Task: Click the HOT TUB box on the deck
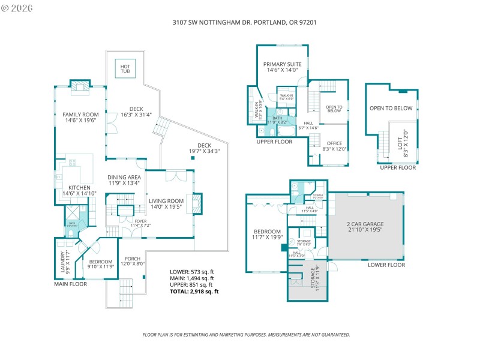pos(125,68)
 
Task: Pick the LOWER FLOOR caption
pos(386,265)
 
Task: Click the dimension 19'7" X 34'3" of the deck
pos(204,152)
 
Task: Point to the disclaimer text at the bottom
pos(245,334)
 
